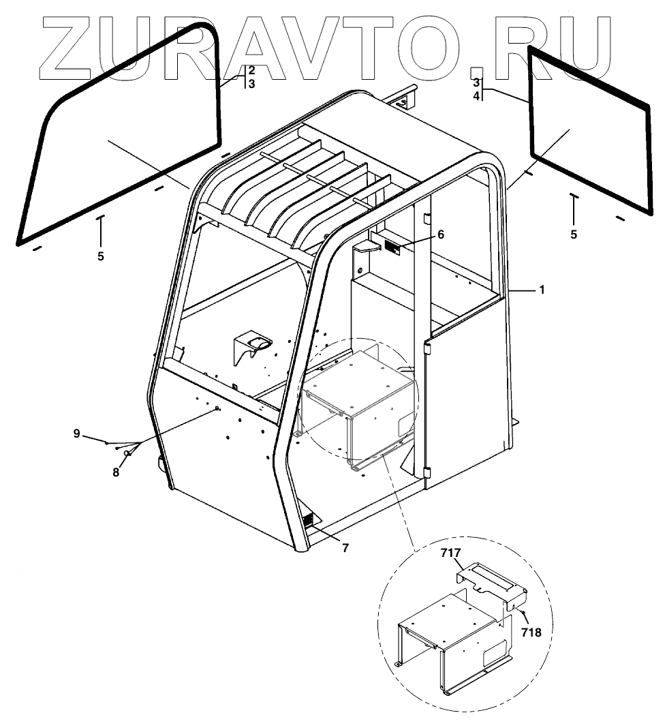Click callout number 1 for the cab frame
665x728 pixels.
pyautogui.click(x=542, y=290)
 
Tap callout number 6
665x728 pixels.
pyautogui.click(x=441, y=234)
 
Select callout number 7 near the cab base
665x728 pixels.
pyautogui.click(x=345, y=547)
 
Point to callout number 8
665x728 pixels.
pyautogui.click(x=116, y=472)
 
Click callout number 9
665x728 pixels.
pyautogui.click(x=77, y=434)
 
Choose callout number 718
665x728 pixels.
pyautogui.click(x=532, y=632)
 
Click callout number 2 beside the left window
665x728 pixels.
pyautogui.click(x=251, y=70)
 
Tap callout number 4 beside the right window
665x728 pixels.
pyautogui.click(x=478, y=96)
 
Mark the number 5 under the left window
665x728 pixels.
pyautogui.click(x=101, y=257)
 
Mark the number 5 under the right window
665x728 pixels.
pyautogui.click(x=574, y=234)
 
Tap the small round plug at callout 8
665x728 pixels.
pyautogui.click(x=127, y=453)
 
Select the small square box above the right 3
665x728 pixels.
pyautogui.click(x=478, y=72)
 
